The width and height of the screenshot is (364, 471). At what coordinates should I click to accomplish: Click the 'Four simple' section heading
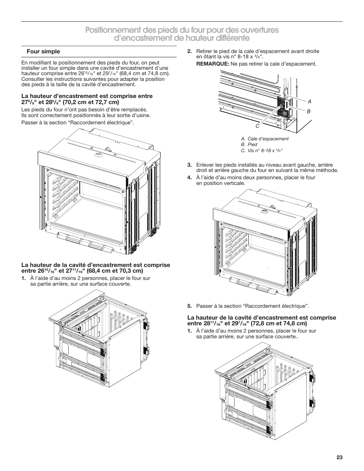pyautogui.click(x=43, y=51)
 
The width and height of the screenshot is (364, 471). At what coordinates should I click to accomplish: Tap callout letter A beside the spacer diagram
pyautogui.click(x=310, y=102)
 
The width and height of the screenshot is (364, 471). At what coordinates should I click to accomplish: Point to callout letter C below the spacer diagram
pyautogui.click(x=258, y=126)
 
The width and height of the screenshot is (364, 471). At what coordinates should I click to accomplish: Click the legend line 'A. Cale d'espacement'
pyautogui.click(x=264, y=139)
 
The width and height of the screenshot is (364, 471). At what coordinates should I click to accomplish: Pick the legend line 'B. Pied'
pyautogui.click(x=249, y=145)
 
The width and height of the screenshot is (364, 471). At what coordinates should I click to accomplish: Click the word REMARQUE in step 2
pyautogui.click(x=212, y=64)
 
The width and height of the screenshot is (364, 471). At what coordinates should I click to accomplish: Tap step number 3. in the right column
pyautogui.click(x=189, y=165)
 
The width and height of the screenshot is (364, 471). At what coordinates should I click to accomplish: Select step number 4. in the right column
pyautogui.click(x=189, y=178)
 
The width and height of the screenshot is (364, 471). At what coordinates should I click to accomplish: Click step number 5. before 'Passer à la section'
pyautogui.click(x=189, y=306)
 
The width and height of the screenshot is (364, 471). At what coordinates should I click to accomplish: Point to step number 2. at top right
pyautogui.click(x=189, y=51)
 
